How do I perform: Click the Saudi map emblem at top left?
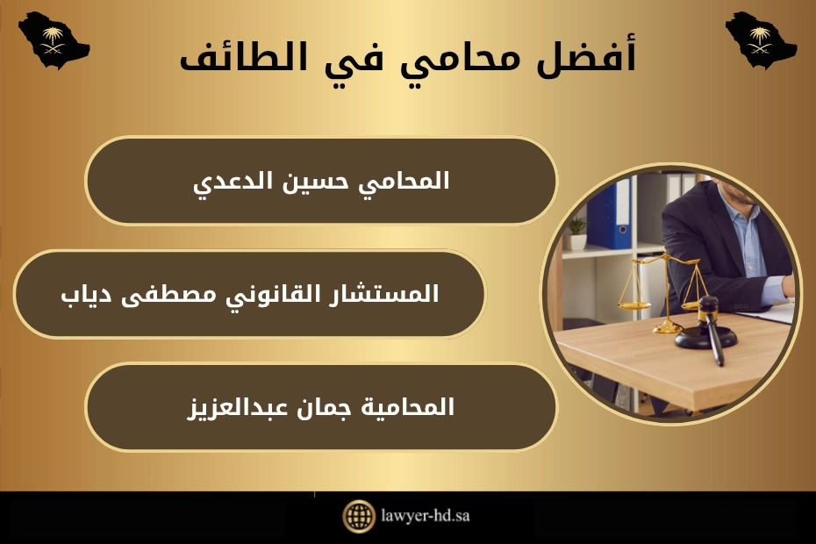[x=54, y=39]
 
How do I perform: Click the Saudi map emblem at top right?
[x=760, y=39]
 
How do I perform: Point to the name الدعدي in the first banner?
[x=232, y=182]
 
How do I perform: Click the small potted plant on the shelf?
[x=576, y=232]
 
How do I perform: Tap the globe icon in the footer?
[x=358, y=516]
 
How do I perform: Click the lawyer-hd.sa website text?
[x=426, y=516]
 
